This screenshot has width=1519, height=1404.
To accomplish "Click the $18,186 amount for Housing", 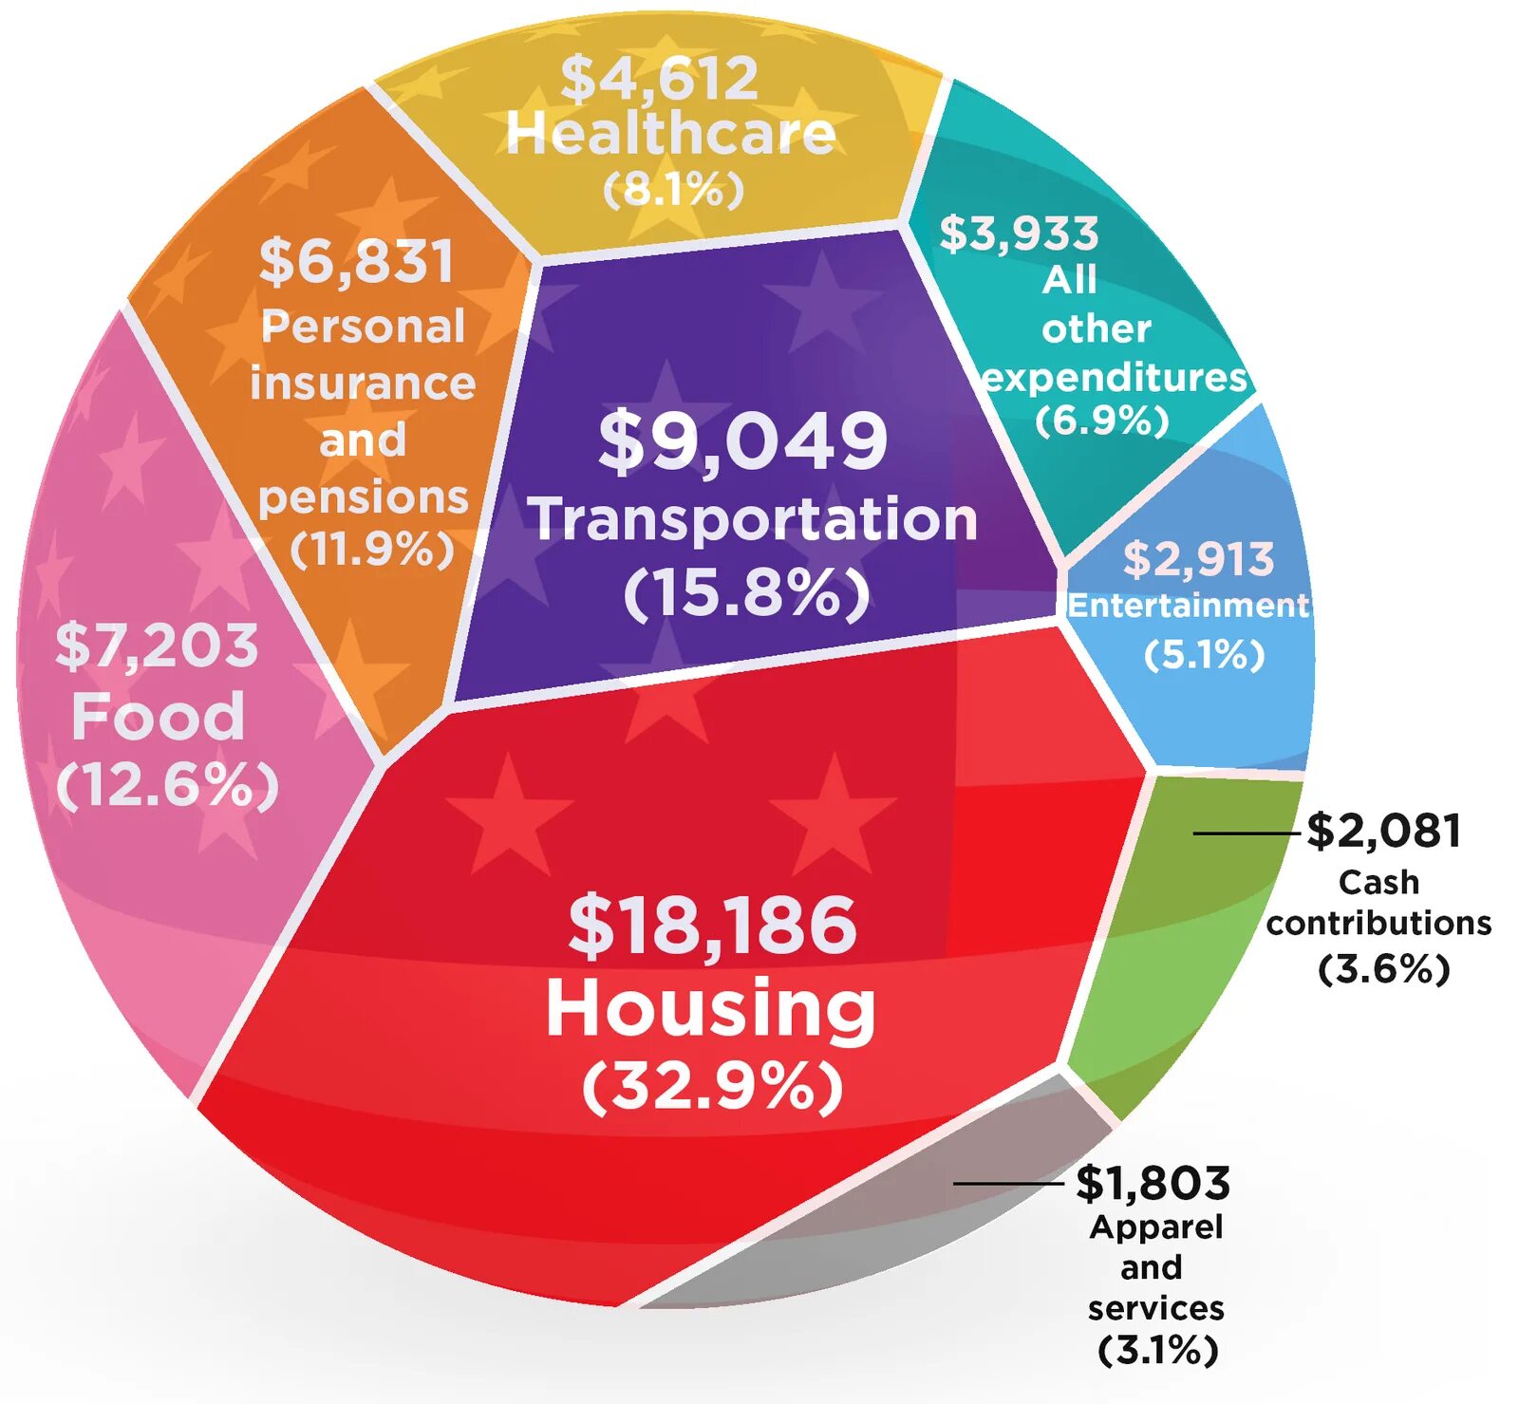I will [x=712, y=926].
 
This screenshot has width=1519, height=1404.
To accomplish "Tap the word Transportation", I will [x=753, y=519].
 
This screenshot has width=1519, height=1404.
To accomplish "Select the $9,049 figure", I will [x=742, y=440].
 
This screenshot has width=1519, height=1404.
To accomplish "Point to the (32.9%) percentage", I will [x=712, y=1086].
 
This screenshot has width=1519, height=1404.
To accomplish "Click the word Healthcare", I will [x=670, y=133].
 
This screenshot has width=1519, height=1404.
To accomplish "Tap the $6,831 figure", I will [x=357, y=261].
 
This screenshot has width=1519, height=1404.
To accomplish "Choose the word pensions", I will [x=364, y=497].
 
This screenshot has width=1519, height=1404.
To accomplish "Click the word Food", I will [x=159, y=716].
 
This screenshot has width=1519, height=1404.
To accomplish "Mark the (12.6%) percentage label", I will [x=168, y=786].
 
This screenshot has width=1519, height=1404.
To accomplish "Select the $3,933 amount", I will [x=1019, y=234].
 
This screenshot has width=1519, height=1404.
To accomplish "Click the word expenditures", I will [x=1115, y=378].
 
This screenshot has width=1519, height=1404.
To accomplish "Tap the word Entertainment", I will [x=1188, y=606].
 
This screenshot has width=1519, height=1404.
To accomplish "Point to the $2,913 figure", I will [x=1198, y=559].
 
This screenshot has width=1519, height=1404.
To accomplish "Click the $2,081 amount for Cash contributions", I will [x=1383, y=831].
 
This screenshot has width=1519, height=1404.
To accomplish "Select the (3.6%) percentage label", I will [x=1384, y=969].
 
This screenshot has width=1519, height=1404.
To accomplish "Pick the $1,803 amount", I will [x=1153, y=1184].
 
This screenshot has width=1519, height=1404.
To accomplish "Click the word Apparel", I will [x=1156, y=1226].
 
